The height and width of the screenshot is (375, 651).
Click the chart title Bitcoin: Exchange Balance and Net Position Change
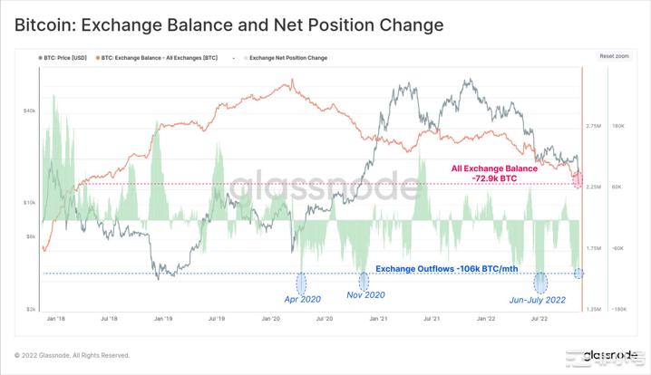pyautogui.click(x=228, y=24)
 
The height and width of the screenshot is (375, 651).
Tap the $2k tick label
pyautogui.click(x=30, y=309)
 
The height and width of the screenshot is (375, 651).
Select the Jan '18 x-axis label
pyautogui.click(x=54, y=319)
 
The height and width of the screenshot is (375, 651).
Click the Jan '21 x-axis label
pyautogui.click(x=379, y=319)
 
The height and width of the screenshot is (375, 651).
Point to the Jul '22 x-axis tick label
pyautogui.click(x=539, y=319)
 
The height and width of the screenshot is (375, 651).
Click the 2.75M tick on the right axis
pyautogui.click(x=594, y=126)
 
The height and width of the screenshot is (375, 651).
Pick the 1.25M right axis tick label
pyautogui.click(x=594, y=309)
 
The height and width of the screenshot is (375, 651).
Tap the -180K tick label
pyautogui.click(x=620, y=309)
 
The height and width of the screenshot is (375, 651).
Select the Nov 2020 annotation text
pyautogui.click(x=366, y=295)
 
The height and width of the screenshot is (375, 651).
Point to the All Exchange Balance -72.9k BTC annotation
pyautogui.click(x=496, y=174)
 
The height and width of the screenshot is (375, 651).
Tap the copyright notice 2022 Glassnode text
pyautogui.click(x=72, y=355)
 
